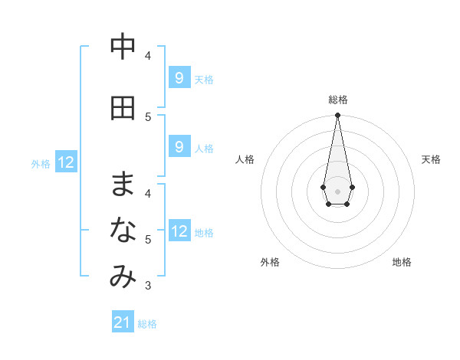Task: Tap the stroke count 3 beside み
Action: pyautogui.click(x=148, y=286)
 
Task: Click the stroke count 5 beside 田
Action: pyautogui.click(x=148, y=116)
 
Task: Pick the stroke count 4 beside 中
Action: pyautogui.click(x=148, y=55)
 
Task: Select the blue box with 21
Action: pyautogui.click(x=123, y=322)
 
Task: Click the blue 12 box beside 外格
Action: pyautogui.click(x=66, y=162)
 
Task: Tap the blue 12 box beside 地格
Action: pyautogui.click(x=179, y=231)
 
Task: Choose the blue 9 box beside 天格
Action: pyautogui.click(x=179, y=77)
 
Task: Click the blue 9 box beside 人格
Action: pyautogui.click(x=179, y=146)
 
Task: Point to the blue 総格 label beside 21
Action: pyautogui.click(x=147, y=324)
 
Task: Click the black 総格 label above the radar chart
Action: pyautogui.click(x=338, y=100)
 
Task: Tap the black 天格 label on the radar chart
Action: pyautogui.click(x=431, y=159)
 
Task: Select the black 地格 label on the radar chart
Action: pyautogui.click(x=402, y=262)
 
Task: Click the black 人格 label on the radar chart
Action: pyautogui.click(x=245, y=159)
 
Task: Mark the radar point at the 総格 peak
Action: pyautogui.click(x=338, y=116)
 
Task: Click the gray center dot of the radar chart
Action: pyautogui.click(x=338, y=191)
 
